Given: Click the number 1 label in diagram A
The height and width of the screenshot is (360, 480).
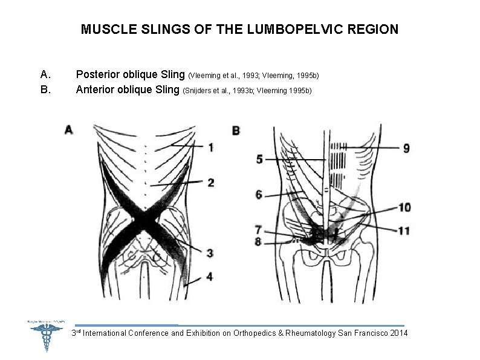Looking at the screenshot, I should tap(210, 147).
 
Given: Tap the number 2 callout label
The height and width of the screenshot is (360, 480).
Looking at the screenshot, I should tap(210, 183).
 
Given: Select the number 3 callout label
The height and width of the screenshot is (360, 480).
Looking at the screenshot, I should tap(210, 253).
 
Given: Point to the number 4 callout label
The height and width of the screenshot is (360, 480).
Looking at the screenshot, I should tap(210, 277).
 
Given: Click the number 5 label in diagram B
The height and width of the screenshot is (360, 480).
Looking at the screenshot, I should tap(259, 159).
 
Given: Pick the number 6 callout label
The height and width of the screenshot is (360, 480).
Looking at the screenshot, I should tap(259, 194).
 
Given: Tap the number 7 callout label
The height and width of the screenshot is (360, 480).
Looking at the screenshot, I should tap(258, 230).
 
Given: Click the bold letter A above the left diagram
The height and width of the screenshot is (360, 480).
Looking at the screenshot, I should tap(68, 129).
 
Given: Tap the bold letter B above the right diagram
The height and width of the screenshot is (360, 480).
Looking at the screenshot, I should tap(236, 130).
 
